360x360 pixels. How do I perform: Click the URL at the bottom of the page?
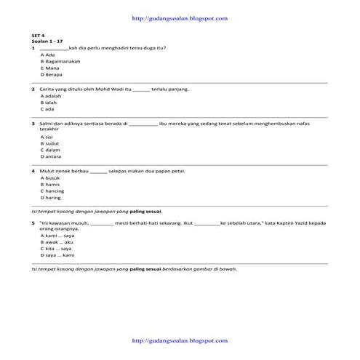[180, 340]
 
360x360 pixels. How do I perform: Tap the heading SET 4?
[38, 35]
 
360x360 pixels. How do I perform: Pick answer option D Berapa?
[51, 74]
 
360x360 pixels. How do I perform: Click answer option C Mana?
[49, 68]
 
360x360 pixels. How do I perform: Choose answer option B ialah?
[49, 103]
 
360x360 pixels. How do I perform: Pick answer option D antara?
[51, 156]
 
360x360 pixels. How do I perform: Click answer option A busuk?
[50, 178]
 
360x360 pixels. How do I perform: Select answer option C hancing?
[52, 191]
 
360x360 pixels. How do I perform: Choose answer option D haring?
[51, 197]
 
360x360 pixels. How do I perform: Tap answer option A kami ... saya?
[58, 236]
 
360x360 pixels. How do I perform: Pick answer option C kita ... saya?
[57, 249]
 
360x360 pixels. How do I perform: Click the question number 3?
[33, 124]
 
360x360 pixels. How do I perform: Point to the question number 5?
[33, 223]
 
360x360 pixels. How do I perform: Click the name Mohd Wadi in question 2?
[101, 89]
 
